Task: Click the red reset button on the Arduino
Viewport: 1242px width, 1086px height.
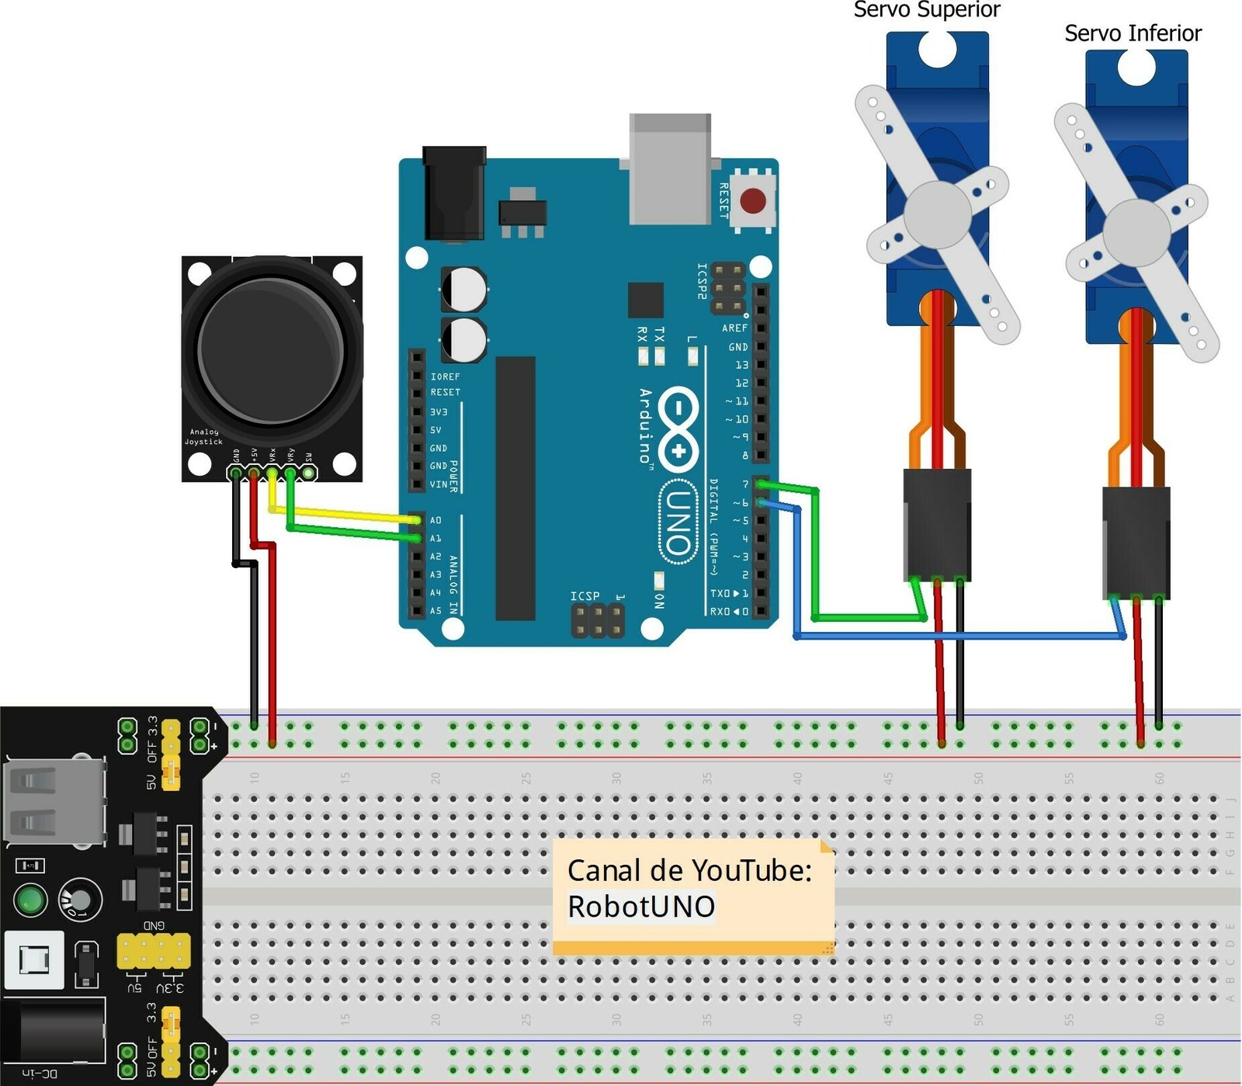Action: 752,200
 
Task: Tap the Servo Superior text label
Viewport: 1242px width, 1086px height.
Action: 926,10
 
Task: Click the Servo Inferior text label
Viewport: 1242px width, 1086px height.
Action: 1132,33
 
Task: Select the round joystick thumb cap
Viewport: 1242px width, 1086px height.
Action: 271,350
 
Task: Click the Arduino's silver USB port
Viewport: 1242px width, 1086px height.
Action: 670,168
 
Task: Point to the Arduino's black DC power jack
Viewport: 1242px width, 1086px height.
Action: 454,194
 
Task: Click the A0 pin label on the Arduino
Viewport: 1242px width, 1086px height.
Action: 435,520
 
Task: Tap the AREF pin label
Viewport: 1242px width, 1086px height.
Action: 734,328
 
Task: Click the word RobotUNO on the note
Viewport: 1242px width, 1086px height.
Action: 641,907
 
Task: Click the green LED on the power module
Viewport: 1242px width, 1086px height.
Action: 30,900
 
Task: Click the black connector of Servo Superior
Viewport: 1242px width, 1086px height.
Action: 937,524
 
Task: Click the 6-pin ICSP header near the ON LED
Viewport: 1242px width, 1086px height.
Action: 597,620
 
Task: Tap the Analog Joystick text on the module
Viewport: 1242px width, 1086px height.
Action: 204,436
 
